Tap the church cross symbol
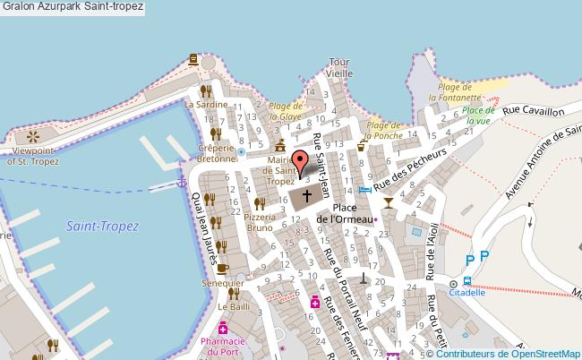tap(306, 195)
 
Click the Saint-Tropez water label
tap(102, 227)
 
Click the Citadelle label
tap(467, 292)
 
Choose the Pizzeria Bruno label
tap(259, 222)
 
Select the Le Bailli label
tap(234, 307)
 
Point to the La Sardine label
tap(206, 104)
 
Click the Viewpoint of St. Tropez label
tap(34, 155)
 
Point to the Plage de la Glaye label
tap(287, 111)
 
